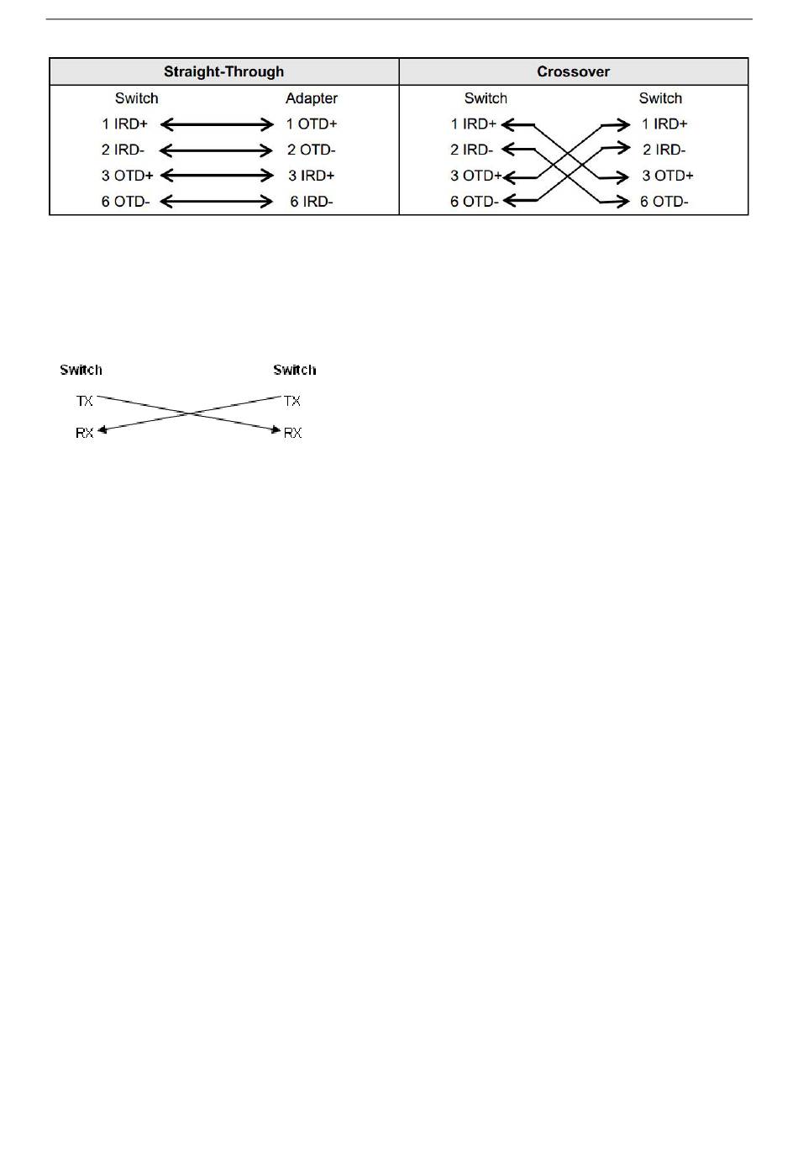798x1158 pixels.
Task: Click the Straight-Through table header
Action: (x=223, y=71)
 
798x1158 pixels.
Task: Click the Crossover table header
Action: (x=573, y=71)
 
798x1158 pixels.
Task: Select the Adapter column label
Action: (x=311, y=98)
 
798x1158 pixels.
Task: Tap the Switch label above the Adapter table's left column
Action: (x=136, y=98)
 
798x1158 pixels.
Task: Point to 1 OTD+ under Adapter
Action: (x=311, y=124)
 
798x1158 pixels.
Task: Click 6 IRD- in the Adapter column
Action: (x=311, y=202)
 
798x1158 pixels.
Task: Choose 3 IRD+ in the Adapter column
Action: (x=311, y=176)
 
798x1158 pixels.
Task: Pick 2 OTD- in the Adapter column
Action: (x=311, y=150)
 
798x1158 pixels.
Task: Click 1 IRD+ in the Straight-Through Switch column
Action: (x=124, y=124)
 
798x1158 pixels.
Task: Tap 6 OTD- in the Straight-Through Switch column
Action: (x=125, y=202)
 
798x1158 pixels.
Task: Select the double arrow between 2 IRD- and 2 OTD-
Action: (x=217, y=150)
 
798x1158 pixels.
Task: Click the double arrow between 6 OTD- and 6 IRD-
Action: (x=217, y=202)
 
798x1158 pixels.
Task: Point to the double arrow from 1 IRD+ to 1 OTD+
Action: (x=217, y=124)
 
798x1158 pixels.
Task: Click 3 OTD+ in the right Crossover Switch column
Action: (x=668, y=176)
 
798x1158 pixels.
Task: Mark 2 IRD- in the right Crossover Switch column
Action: (x=664, y=150)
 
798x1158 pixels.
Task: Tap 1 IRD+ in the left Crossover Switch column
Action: (x=473, y=124)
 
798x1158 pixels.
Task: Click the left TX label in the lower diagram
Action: (x=85, y=401)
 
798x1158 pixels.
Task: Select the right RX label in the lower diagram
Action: (x=292, y=433)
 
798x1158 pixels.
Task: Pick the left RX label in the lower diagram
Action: (x=85, y=433)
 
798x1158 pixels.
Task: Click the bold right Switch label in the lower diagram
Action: (x=294, y=370)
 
